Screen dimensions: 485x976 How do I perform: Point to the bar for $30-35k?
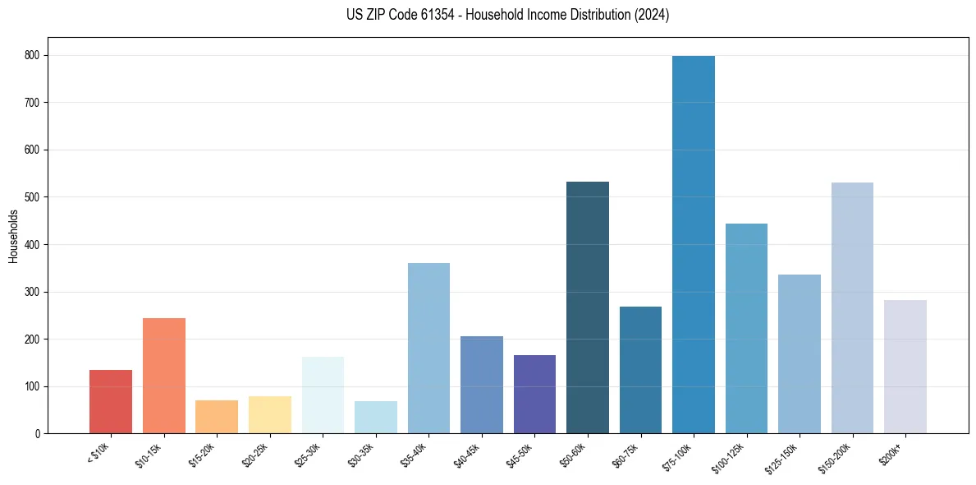coord(375,417)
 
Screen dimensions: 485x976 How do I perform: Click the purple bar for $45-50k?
coord(534,394)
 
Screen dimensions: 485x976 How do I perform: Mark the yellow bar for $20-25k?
coord(269,414)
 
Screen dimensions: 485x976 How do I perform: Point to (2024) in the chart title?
coord(651,15)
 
